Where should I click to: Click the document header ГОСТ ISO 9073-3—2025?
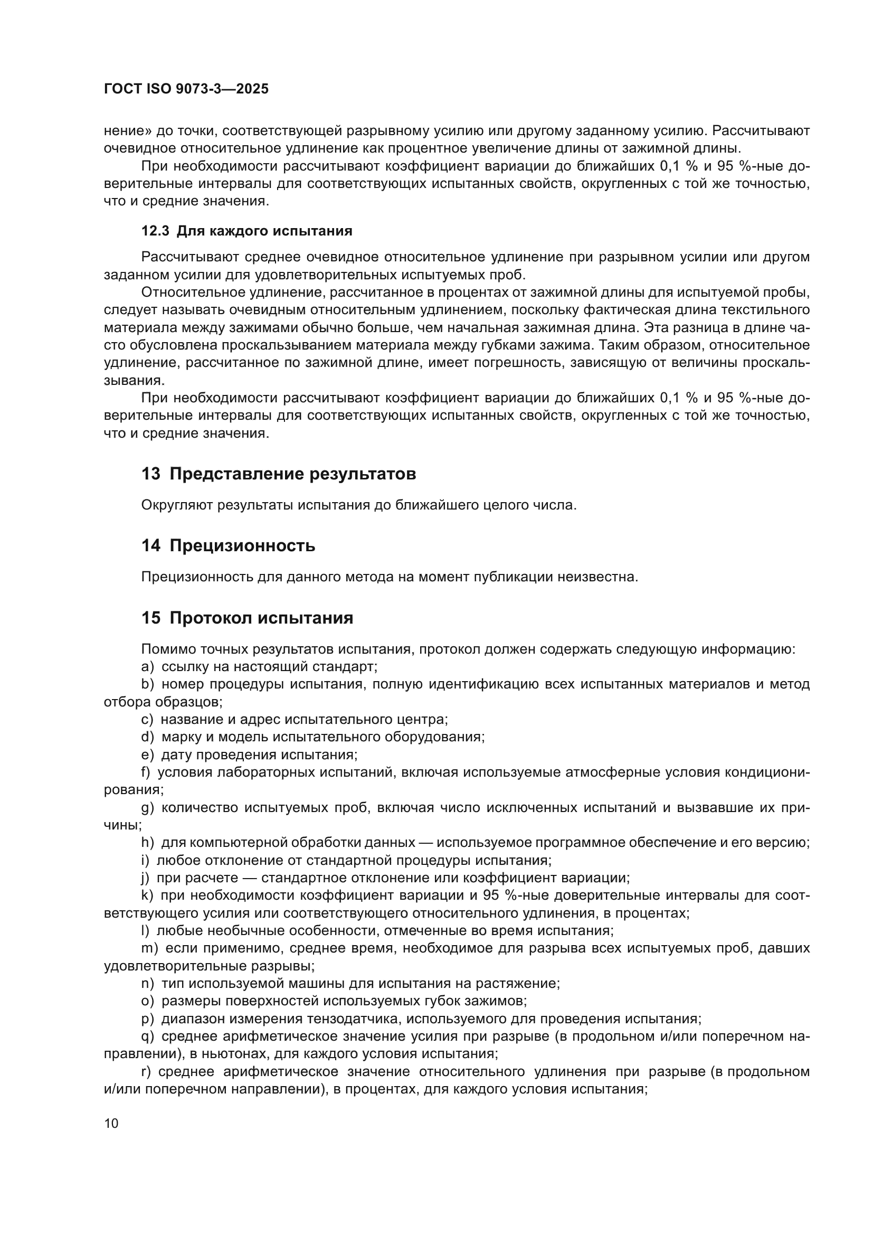[186, 89]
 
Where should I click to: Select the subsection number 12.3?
[155, 231]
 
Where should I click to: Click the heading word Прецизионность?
[242, 546]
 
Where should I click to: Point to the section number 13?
[151, 474]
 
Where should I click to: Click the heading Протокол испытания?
[261, 618]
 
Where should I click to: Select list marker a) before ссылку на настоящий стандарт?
[147, 667]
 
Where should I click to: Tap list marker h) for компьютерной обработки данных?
[147, 843]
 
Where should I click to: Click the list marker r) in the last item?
[146, 1071]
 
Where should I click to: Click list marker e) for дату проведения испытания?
[147, 755]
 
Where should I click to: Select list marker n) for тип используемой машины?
[147, 984]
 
